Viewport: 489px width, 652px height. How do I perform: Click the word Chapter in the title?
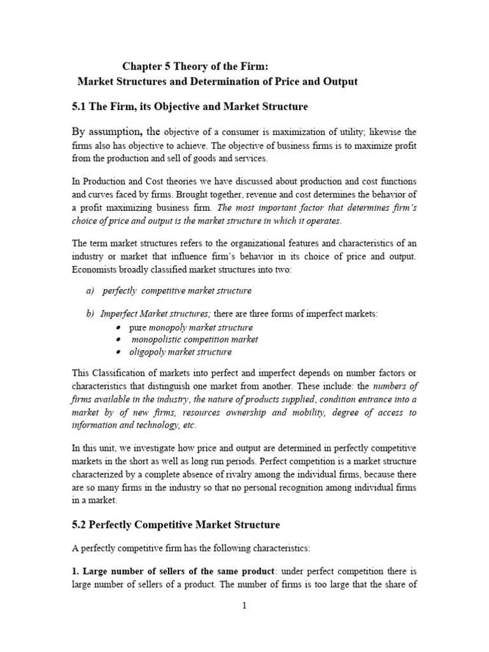pyautogui.click(x=143, y=65)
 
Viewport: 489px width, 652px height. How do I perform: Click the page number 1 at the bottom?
pyautogui.click(x=244, y=606)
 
